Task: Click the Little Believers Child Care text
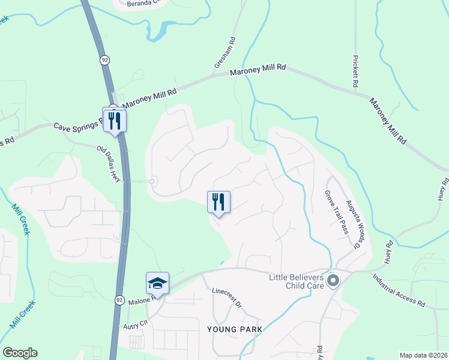coord(297,281)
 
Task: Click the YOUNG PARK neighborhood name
coord(235,329)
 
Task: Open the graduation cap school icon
coord(157,283)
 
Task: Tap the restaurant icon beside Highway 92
coord(113,119)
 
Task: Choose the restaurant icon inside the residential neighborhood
coord(218,202)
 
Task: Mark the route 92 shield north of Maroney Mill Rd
coord(105,60)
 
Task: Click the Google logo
coord(20,353)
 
